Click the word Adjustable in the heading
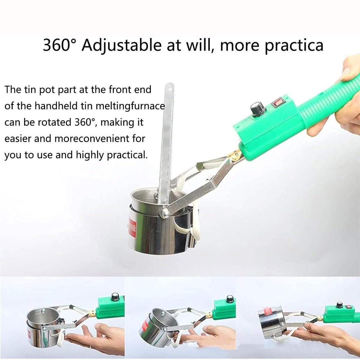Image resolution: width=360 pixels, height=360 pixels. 121,46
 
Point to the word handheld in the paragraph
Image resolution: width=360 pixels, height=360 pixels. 56,106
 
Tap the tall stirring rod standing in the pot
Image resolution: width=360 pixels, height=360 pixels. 166,144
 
